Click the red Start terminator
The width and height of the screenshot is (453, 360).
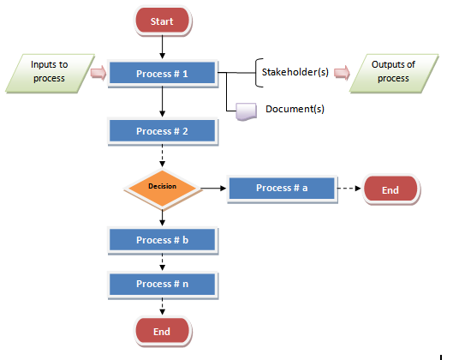coord(163,21)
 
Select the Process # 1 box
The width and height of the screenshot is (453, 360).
coord(163,74)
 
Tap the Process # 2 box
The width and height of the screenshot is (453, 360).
coord(163,131)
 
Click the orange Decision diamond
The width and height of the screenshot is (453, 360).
coord(163,189)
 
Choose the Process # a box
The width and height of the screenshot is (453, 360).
coord(283,189)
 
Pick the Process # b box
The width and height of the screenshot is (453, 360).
coord(163,240)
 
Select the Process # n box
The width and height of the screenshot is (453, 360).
coord(163,285)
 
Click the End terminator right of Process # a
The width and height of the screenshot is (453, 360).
coord(390,189)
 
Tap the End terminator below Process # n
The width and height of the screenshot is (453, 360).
coord(163,332)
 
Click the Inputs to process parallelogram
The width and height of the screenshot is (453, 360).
coord(50,73)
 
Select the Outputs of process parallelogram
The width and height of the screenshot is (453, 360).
coord(394,73)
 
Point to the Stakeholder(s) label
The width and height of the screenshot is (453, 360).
coord(295,72)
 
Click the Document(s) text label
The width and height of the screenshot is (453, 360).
coord(295,109)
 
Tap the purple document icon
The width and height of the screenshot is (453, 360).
coord(247,111)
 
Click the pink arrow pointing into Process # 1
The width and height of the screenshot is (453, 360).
coord(98,73)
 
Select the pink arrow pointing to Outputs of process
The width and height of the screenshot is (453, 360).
coord(342,73)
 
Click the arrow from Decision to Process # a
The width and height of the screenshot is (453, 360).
coord(213,189)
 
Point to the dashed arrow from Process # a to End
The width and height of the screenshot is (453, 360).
coord(349,189)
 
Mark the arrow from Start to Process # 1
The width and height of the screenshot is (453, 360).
coord(163,47)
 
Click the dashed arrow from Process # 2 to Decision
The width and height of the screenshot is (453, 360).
coord(163,156)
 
